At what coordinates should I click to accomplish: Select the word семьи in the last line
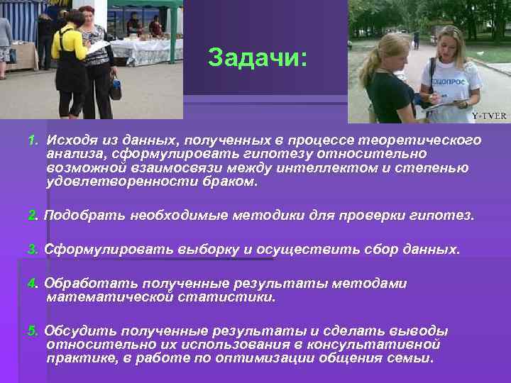[411, 358]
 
